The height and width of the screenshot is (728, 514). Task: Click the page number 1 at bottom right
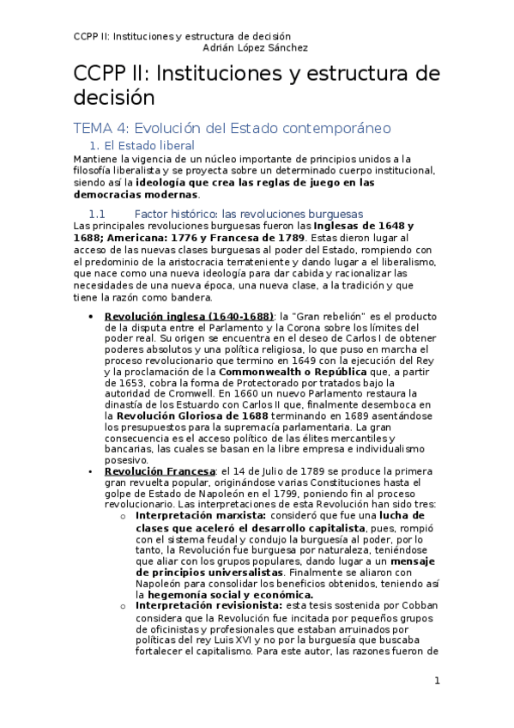437,681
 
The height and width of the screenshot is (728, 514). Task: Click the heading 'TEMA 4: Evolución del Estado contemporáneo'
233,128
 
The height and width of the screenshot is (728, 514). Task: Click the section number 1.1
96,213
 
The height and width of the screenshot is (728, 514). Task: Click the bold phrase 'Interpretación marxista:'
194,515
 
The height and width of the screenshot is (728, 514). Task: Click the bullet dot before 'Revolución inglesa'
91,316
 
